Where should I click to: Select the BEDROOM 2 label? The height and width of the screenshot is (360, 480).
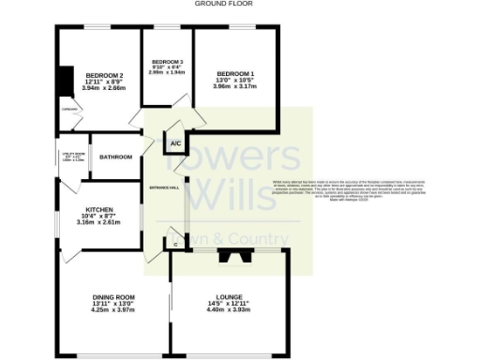[x=104, y=75]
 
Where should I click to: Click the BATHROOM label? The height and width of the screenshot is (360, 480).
[x=116, y=157]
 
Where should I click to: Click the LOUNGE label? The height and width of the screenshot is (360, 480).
[x=229, y=299]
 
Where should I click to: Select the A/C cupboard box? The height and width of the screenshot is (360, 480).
[x=175, y=143]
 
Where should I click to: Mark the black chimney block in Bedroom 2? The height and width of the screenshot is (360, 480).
[x=63, y=82]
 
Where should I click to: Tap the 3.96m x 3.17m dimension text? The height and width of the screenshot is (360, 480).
[x=234, y=88]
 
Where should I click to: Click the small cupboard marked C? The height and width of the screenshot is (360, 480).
[x=176, y=244]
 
